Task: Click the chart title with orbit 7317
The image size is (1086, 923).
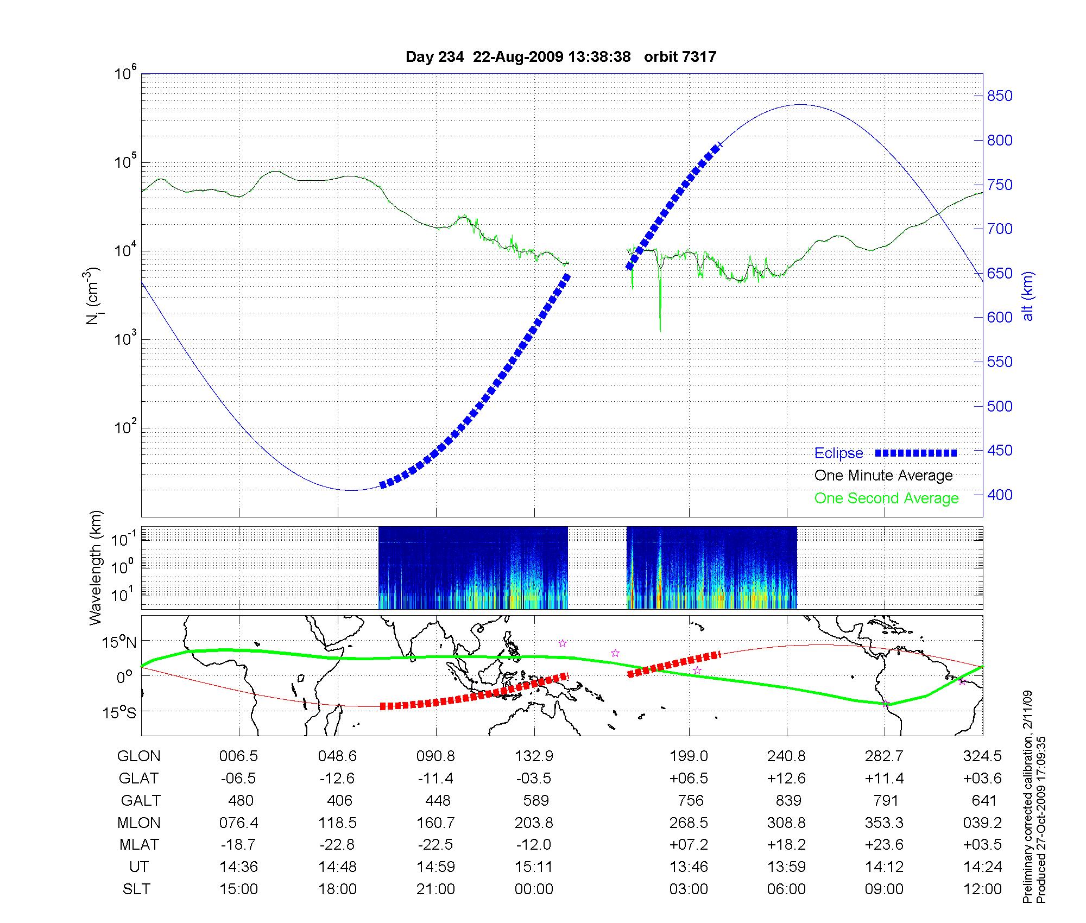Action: [561, 57]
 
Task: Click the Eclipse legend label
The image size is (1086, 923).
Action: [838, 453]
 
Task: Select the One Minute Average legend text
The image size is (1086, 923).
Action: [883, 476]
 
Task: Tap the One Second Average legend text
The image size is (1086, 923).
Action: [886, 498]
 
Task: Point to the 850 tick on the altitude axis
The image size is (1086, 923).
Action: [1000, 96]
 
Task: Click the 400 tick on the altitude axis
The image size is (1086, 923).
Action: [1000, 495]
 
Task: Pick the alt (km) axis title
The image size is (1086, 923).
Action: [1028, 296]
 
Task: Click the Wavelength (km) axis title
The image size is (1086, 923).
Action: [96, 568]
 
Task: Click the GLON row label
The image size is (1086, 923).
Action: [138, 756]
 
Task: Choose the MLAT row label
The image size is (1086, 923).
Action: [139, 845]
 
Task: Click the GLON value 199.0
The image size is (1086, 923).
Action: [689, 756]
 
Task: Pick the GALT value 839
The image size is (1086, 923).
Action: [788, 800]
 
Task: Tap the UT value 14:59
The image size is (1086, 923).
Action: [435, 867]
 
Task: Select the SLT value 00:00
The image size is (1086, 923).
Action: [534, 889]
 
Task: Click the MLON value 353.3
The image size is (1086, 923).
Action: [884, 823]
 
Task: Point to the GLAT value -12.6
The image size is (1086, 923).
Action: [337, 779]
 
